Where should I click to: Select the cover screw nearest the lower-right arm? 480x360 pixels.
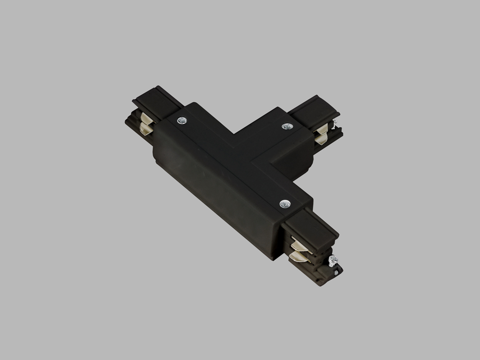point(285,203)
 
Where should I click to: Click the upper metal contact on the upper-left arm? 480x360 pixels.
point(147,117)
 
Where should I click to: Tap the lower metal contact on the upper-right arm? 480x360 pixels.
point(322,139)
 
